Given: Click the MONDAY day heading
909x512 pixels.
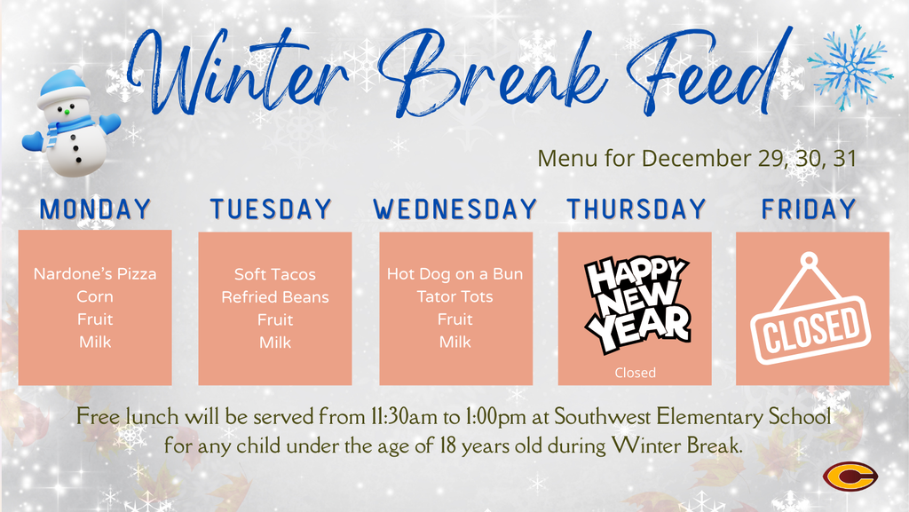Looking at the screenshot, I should point(96,209).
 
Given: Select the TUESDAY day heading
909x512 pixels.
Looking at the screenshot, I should point(271,209).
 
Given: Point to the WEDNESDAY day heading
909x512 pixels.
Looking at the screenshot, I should point(455,209).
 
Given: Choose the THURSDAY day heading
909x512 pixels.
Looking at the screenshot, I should point(636,209).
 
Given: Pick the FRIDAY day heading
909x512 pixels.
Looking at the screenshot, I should point(809,209).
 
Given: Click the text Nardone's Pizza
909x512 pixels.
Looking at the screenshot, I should point(95,274).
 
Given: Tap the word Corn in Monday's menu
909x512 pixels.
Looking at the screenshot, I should point(95,297).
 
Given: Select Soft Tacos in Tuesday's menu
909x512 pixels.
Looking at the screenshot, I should point(275,275).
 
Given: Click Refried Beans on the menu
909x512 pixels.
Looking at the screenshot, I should point(275,297).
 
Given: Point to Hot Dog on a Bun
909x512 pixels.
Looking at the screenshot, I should point(455,274).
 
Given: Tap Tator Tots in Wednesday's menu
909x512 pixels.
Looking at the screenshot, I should point(455,296).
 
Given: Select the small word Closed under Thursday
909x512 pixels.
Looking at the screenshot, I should point(635,373).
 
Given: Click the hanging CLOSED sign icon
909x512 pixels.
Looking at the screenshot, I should point(809,312).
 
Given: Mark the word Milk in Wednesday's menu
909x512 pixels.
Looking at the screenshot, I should point(455,343).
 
